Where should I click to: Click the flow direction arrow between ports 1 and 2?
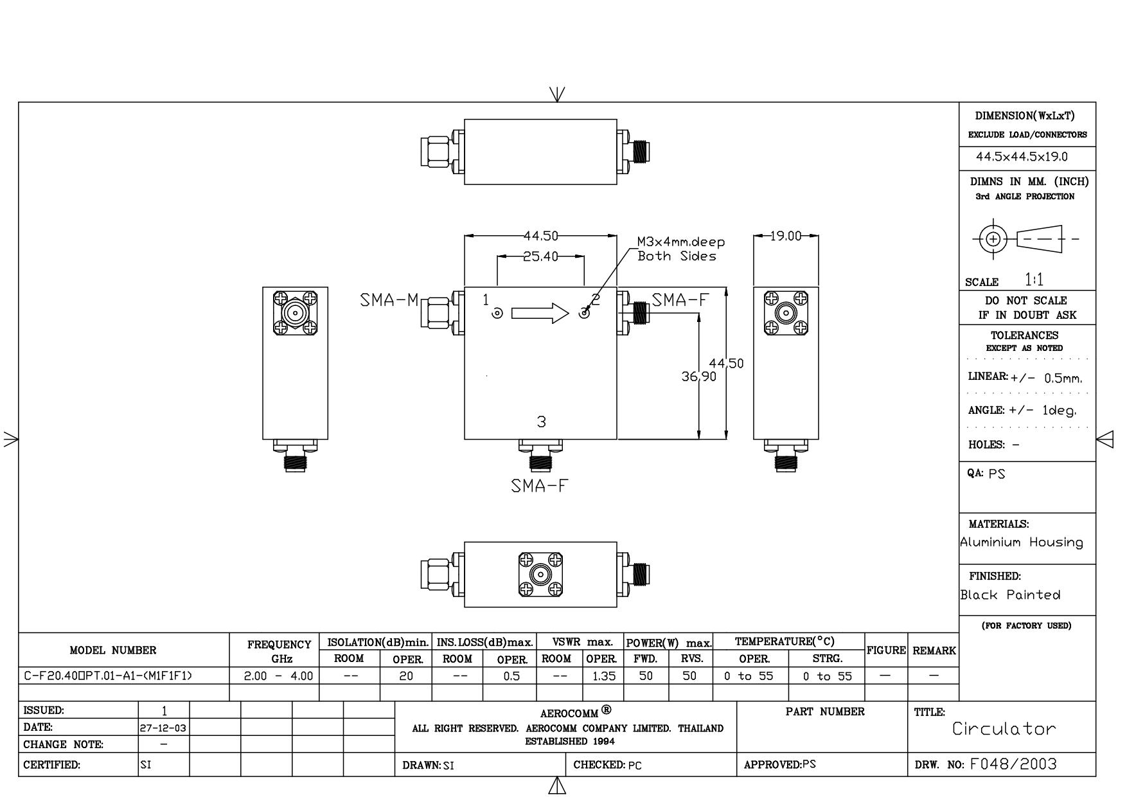540,313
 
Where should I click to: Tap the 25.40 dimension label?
540,256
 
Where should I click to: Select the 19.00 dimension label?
786,236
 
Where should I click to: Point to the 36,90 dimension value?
698,377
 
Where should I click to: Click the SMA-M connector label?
389,300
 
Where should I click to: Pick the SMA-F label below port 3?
540,486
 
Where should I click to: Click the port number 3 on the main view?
541,422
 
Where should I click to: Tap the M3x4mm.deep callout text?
680,242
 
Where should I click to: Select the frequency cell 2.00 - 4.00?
279,676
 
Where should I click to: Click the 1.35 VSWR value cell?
603,676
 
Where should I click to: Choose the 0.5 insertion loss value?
511,676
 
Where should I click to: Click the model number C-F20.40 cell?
108,676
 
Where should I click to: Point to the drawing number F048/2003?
1013,764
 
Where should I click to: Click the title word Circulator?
1004,729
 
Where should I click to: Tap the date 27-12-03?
163,728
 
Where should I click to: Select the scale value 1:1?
1034,280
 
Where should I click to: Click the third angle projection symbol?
1025,239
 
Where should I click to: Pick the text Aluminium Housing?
1022,542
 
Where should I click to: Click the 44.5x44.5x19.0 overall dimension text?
1022,157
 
